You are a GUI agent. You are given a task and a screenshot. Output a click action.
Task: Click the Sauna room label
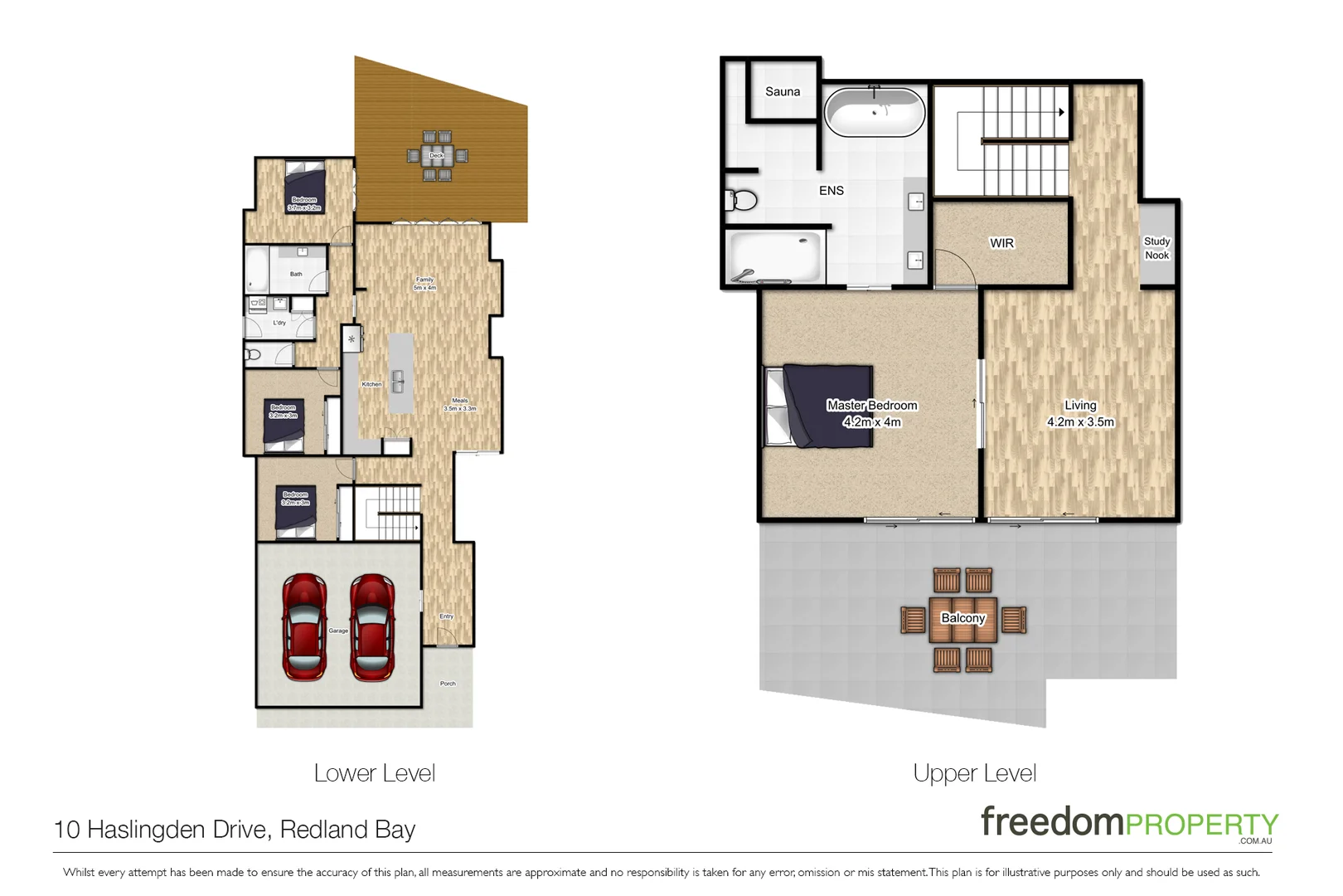coord(782,92)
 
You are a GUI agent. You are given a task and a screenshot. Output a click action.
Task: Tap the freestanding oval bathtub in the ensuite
coord(875,112)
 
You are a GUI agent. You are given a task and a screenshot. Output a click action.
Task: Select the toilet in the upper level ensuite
coord(742,200)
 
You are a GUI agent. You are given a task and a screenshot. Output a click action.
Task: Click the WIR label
coord(1001,243)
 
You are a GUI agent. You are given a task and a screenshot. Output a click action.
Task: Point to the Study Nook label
coord(1156,248)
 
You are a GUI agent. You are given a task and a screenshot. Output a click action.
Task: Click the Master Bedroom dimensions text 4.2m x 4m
coord(871,422)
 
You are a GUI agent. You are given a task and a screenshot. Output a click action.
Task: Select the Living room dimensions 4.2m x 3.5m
coord(1080,422)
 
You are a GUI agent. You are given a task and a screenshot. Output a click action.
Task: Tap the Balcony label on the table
coord(962,618)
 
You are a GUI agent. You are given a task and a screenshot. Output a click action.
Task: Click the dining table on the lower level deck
coord(437,156)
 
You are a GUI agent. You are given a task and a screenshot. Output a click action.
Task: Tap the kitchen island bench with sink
coord(400,373)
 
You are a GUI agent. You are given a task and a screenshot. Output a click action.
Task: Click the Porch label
coord(448,684)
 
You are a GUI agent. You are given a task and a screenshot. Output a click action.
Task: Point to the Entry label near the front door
coord(446,616)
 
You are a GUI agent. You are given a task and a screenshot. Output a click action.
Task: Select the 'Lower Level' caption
coord(374,773)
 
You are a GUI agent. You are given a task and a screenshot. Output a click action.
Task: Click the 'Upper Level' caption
coord(974,773)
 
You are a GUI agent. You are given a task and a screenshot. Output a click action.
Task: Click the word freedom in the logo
coord(1050,821)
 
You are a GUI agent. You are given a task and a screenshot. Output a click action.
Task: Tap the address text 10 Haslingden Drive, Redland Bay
coord(235,830)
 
